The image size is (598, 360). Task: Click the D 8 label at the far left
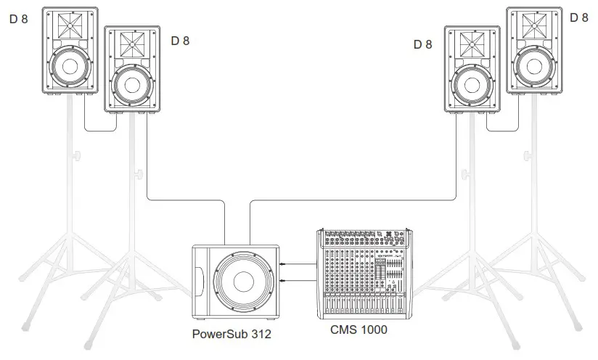[19, 19]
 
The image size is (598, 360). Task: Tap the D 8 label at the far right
[579, 17]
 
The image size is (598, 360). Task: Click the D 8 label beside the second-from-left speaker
[181, 41]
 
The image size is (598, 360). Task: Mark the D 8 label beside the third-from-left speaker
[422, 44]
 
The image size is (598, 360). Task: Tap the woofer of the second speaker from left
[134, 82]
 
